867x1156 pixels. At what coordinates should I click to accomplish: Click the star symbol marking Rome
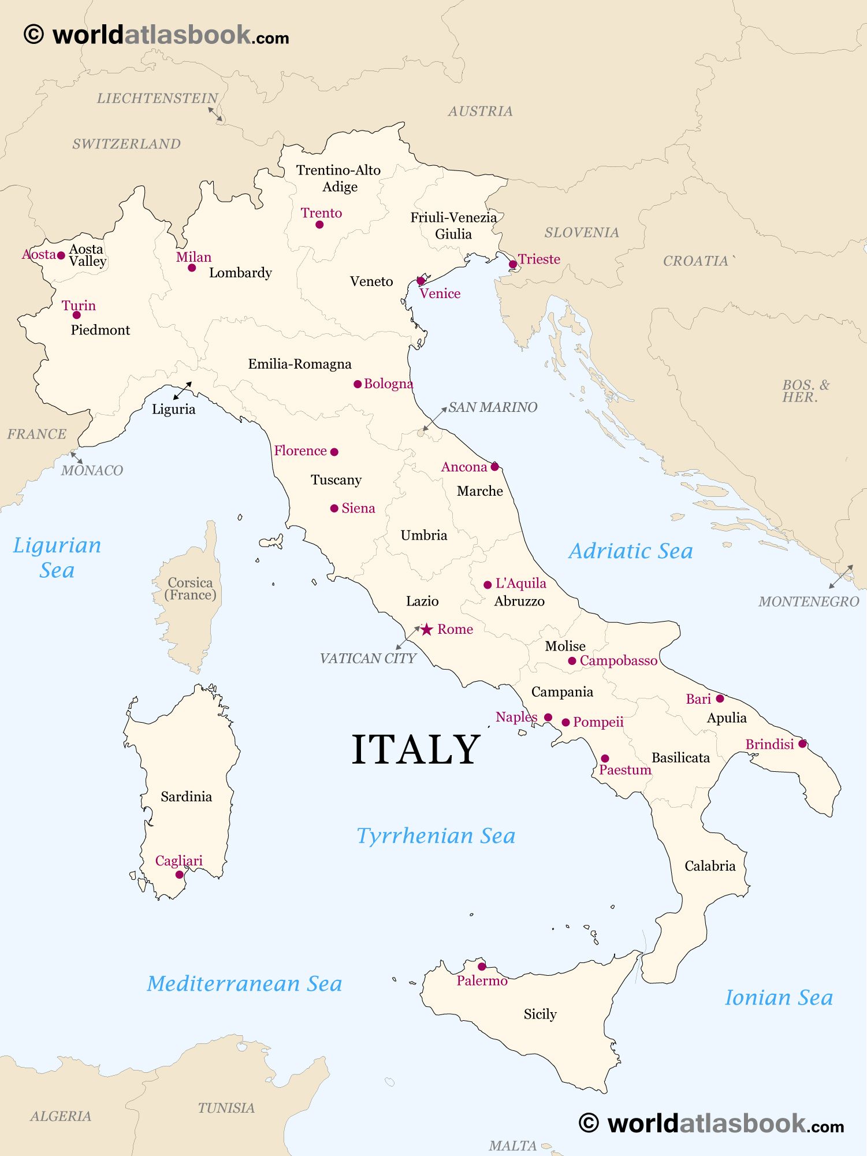(x=426, y=629)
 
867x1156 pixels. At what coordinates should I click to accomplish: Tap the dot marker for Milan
(x=192, y=267)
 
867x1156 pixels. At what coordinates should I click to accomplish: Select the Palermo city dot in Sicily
(x=482, y=966)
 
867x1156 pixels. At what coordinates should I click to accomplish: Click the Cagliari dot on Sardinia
(x=180, y=875)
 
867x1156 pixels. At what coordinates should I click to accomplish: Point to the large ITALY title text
(x=416, y=749)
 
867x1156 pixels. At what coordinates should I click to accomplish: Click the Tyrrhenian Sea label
(x=436, y=836)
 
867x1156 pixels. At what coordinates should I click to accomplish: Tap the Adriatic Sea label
(x=630, y=551)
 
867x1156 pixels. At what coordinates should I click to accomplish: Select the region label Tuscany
(x=336, y=480)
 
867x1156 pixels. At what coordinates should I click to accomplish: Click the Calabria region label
(x=710, y=866)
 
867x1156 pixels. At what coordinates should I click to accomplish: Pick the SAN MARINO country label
(x=493, y=407)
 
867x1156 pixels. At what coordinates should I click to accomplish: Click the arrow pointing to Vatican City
(x=408, y=638)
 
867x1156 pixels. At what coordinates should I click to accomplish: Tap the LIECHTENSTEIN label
(x=157, y=98)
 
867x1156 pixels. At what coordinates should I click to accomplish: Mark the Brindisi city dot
(x=802, y=744)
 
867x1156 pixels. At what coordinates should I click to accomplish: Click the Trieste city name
(x=539, y=259)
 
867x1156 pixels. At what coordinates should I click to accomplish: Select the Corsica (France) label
(x=190, y=589)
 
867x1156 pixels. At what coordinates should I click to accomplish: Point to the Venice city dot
(x=421, y=281)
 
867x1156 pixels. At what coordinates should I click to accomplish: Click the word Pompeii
(x=598, y=722)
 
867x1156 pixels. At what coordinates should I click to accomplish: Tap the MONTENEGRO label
(x=809, y=602)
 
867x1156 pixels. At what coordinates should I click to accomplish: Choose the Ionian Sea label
(x=779, y=998)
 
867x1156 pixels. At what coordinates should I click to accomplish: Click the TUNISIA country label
(x=226, y=1107)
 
